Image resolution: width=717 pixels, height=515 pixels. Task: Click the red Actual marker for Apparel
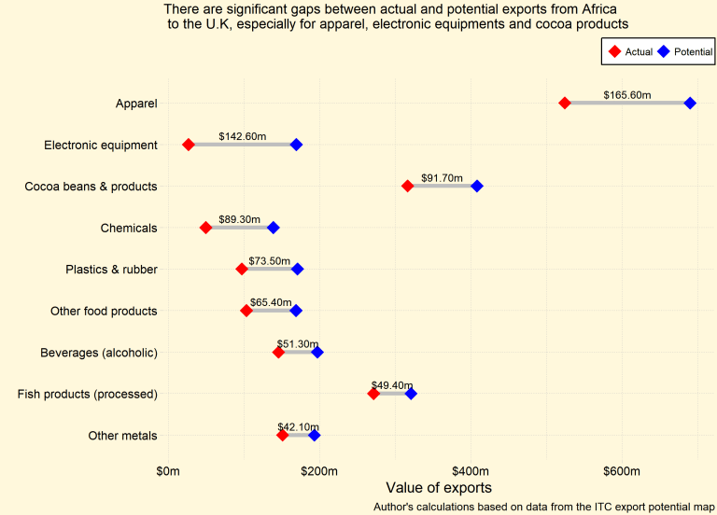tap(565, 103)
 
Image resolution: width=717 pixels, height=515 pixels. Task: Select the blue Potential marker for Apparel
tap(690, 103)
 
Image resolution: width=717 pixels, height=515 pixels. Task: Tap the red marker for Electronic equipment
tap(189, 145)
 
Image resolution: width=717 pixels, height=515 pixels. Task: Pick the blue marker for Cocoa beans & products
tap(477, 186)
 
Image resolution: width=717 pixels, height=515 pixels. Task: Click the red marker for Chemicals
tap(206, 228)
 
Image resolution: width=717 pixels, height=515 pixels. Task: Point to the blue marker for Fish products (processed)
tap(411, 394)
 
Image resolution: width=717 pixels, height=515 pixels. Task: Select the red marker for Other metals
tap(283, 436)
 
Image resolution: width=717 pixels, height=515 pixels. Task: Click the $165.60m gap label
tap(627, 95)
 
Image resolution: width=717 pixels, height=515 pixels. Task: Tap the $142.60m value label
tap(242, 136)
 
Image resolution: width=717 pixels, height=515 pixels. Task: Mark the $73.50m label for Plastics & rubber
tap(270, 261)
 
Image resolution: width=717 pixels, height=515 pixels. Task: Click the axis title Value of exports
tap(439, 488)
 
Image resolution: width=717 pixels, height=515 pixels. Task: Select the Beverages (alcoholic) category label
tap(99, 353)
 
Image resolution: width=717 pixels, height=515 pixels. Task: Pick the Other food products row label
tap(104, 311)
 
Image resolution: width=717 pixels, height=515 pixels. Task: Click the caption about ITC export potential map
tap(543, 507)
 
